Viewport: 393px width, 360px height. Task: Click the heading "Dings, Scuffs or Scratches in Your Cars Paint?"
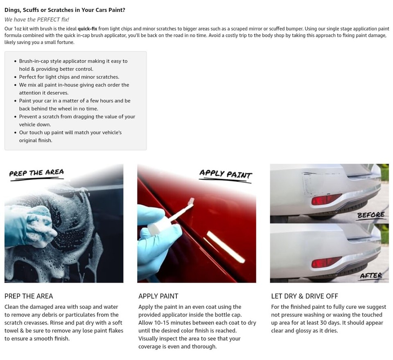[x=65, y=10]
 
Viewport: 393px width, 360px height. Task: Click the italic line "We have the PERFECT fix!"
[x=36, y=19]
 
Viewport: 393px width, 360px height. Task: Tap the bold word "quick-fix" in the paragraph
[x=87, y=29]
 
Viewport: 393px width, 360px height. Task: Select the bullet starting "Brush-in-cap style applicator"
[x=73, y=61]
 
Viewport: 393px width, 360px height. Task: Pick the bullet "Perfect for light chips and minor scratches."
[x=69, y=77]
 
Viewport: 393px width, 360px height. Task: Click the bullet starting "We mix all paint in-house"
[x=74, y=85]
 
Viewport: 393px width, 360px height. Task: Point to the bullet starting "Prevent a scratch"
[x=77, y=116]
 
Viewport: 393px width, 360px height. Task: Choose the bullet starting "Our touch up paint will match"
[x=70, y=132]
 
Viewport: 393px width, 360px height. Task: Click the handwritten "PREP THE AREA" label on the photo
[x=36, y=173]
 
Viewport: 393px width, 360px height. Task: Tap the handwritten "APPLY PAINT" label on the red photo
[x=225, y=174]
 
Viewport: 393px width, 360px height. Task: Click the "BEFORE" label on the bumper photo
[x=370, y=215]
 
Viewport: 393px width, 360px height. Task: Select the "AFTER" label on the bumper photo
[x=371, y=276]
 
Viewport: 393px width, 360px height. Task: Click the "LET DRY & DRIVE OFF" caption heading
[x=304, y=296]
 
